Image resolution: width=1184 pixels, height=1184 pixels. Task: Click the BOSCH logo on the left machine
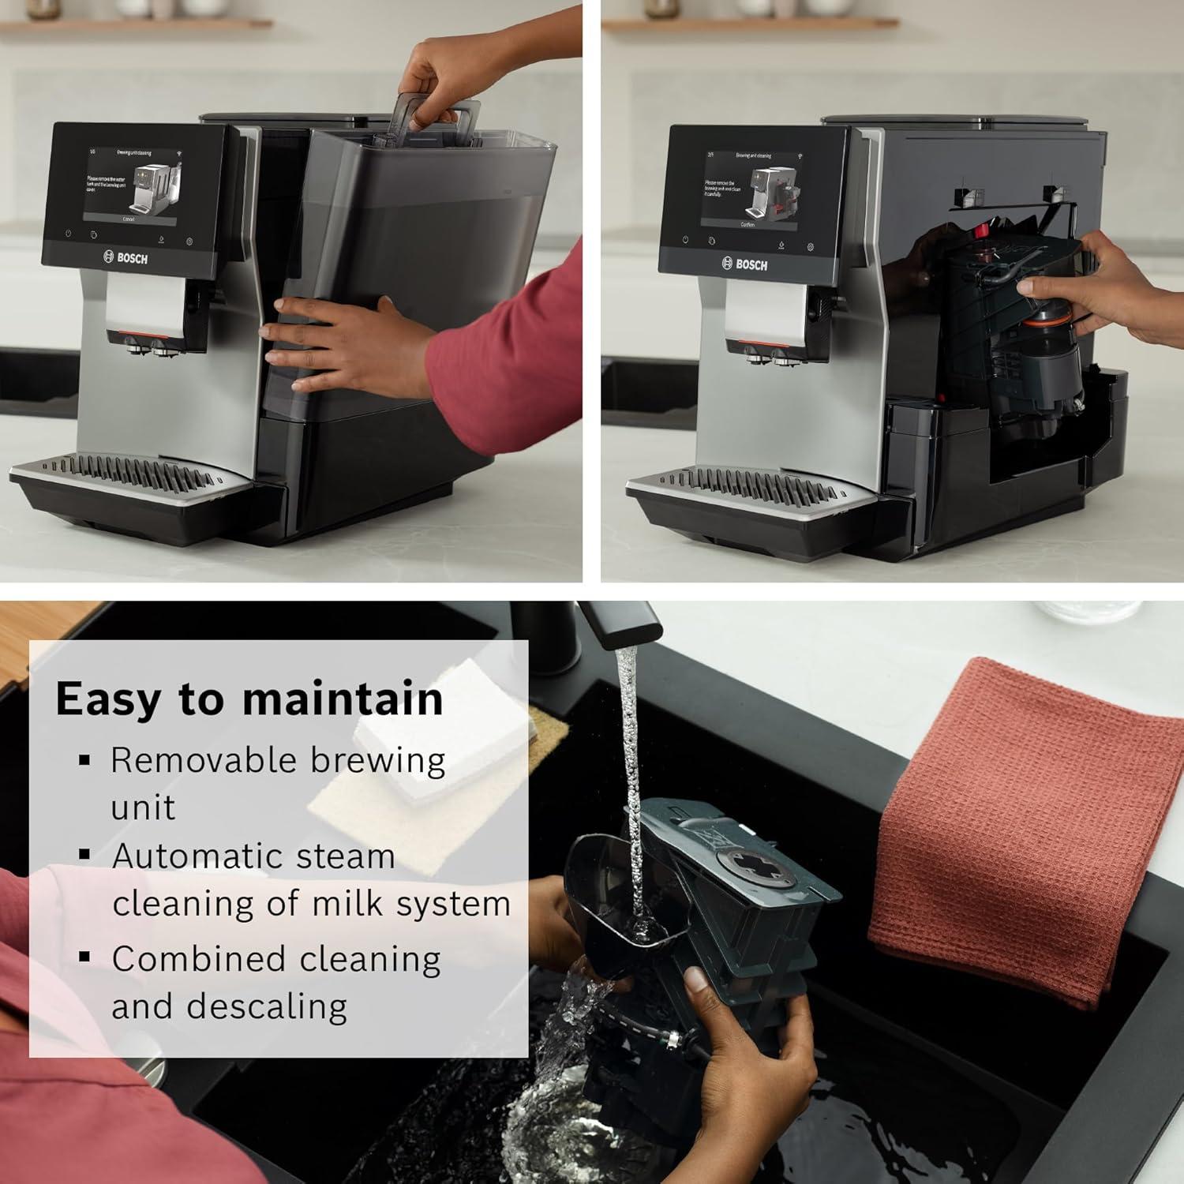pos(126,257)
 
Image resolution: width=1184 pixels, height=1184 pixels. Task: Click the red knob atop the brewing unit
pos(982,232)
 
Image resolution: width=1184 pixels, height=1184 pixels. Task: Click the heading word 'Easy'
pos(109,699)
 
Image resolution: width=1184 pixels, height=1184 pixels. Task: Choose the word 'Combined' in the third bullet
pos(198,959)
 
